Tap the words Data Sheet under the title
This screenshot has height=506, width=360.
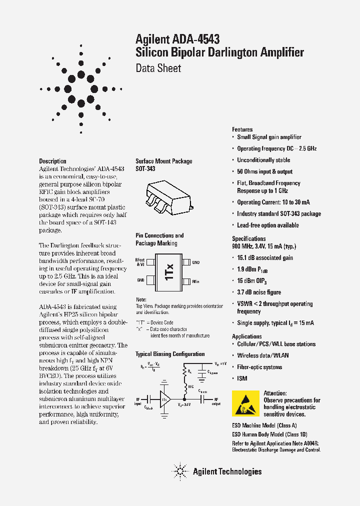click(x=158, y=68)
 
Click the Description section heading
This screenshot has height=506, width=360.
click(x=52, y=161)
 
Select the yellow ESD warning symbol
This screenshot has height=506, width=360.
click(x=246, y=403)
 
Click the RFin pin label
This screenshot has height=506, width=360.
click(x=196, y=281)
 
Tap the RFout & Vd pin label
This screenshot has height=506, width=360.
click(x=140, y=262)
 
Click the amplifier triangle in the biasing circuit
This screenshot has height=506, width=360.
click(x=164, y=398)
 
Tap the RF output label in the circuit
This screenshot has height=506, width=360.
click(x=216, y=401)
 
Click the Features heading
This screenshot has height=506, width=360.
click(x=242, y=129)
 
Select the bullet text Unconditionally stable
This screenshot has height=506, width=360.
click(x=263, y=160)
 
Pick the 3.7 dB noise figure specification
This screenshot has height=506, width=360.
click(x=259, y=292)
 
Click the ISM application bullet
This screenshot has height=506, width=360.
click(x=242, y=378)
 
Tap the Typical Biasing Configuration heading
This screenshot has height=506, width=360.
click(x=170, y=354)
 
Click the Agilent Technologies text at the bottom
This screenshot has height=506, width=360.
click(x=227, y=471)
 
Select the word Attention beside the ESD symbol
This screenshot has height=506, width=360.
click(x=275, y=393)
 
